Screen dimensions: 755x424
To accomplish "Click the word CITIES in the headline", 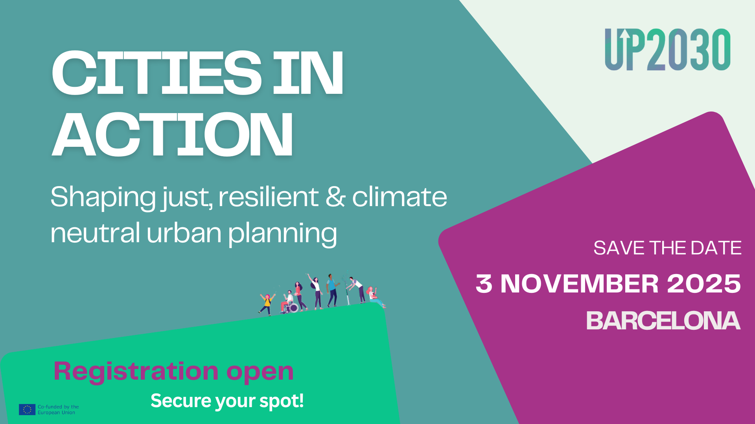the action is pyautogui.click(x=157, y=73).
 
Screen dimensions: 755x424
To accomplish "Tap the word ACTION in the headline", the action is pyautogui.click(x=173, y=135).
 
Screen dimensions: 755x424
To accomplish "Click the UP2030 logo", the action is pyautogui.click(x=667, y=49).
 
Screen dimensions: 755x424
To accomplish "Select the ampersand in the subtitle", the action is pyautogui.click(x=335, y=197).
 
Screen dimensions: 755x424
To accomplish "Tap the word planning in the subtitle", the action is pyautogui.click(x=282, y=234).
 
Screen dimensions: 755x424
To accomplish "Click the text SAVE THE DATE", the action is pyautogui.click(x=667, y=248).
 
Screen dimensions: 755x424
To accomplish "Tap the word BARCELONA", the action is pyautogui.click(x=663, y=321).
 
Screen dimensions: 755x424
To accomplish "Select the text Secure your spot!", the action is pyautogui.click(x=227, y=401).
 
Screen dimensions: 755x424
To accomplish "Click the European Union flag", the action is pyautogui.click(x=27, y=409).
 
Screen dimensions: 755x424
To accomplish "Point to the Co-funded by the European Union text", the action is pyautogui.click(x=58, y=409).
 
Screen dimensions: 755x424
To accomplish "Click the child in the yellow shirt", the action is pyautogui.click(x=267, y=304).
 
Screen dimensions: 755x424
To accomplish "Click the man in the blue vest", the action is pyautogui.click(x=332, y=290).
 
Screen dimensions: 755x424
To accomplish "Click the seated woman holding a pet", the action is pyautogui.click(x=375, y=297).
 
